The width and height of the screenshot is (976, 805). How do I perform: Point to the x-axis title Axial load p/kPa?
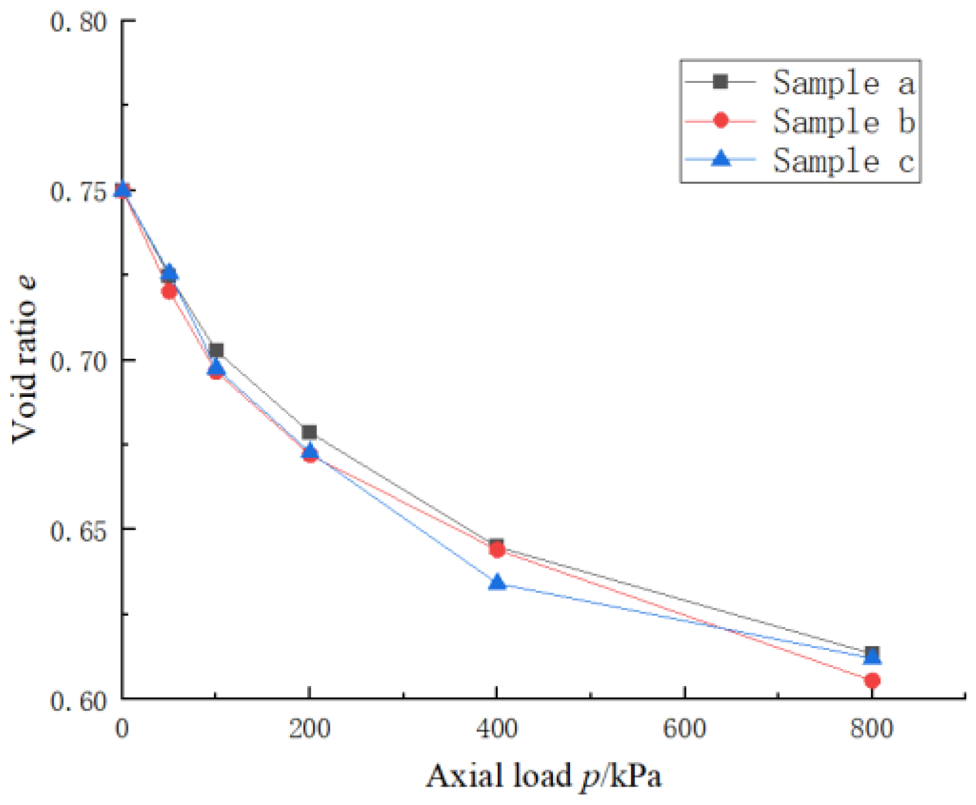coord(543,776)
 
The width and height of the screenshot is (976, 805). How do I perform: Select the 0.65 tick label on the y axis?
coord(79,530)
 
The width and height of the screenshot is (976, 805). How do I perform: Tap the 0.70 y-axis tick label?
coord(79,361)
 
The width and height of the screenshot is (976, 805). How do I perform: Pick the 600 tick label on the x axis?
coord(684,729)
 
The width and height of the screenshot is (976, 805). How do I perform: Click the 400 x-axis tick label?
coord(497,729)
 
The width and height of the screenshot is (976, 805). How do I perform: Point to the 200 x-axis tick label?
coord(309,729)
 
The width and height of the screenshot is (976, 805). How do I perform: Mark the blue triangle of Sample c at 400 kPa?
coord(497,582)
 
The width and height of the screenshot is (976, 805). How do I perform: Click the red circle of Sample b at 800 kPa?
coord(871,680)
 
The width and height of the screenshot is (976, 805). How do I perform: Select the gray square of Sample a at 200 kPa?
coord(309,432)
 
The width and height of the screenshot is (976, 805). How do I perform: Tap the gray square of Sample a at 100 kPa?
coord(217,350)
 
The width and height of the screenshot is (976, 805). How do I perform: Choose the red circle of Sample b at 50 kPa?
coord(169,291)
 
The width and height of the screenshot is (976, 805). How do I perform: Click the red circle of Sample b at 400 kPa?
coord(497,550)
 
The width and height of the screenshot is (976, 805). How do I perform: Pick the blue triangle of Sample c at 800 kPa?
coord(872,657)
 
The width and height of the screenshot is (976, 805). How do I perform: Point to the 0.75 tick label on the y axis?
coord(79,192)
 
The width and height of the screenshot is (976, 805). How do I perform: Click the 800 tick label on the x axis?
coord(871,729)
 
